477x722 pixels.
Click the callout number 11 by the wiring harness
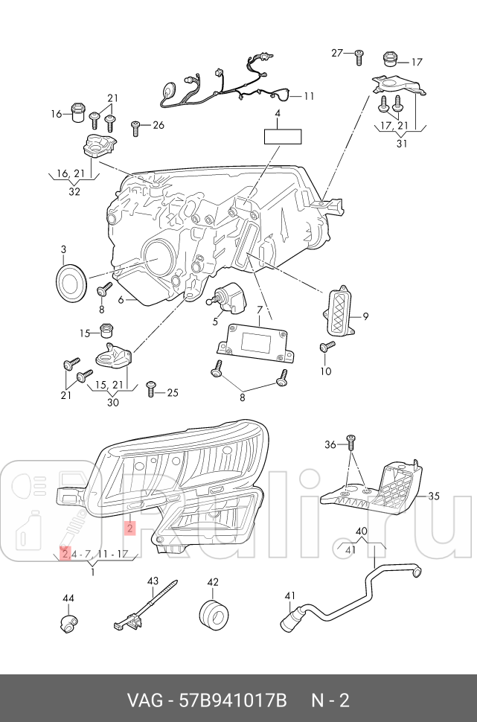pyautogui.click(x=308, y=96)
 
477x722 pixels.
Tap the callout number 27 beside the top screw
pyautogui.click(x=337, y=52)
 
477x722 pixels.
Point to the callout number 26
pyautogui.click(x=158, y=125)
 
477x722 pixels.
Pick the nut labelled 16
pyautogui.click(x=77, y=112)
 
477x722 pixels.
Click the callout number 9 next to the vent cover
pyautogui.click(x=365, y=316)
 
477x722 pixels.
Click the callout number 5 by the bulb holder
pyautogui.click(x=216, y=322)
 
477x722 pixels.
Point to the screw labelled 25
pyautogui.click(x=151, y=386)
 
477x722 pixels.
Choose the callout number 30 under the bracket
pyautogui.click(x=112, y=403)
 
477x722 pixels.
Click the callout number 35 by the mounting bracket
pyautogui.click(x=434, y=495)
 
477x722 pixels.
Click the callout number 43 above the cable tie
pyautogui.click(x=153, y=581)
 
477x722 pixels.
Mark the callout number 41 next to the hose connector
pyautogui.click(x=290, y=595)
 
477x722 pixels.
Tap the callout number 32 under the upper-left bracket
pyautogui.click(x=74, y=191)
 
